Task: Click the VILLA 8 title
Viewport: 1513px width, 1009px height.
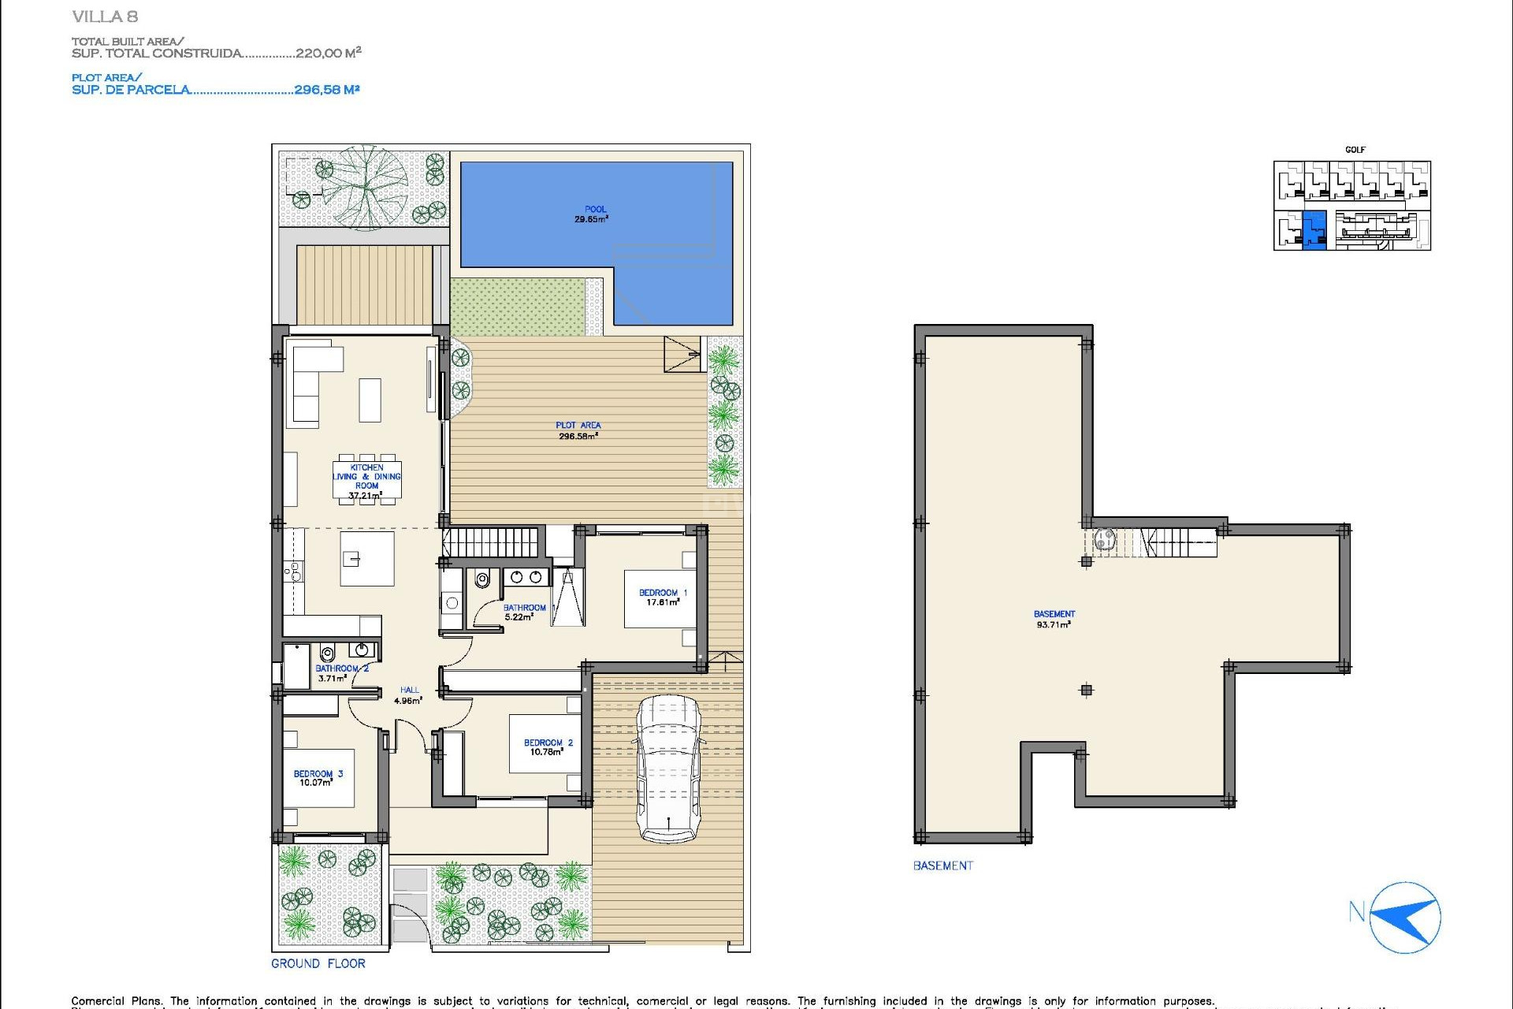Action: pyautogui.click(x=105, y=17)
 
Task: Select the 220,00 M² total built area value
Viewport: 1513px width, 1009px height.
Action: pyautogui.click(x=328, y=53)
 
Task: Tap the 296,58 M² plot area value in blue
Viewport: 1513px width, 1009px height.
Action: pyautogui.click(x=326, y=90)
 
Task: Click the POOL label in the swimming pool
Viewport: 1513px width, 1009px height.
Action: pyautogui.click(x=595, y=210)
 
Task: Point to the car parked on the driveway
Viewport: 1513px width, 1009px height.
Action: pyautogui.click(x=668, y=769)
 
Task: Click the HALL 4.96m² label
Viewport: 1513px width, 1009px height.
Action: pyautogui.click(x=408, y=695)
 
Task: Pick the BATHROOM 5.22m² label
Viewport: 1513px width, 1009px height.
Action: pyautogui.click(x=524, y=612)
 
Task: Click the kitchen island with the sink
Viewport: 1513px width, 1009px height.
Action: pyautogui.click(x=366, y=558)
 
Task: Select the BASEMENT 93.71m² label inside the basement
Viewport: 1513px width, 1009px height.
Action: pyautogui.click(x=1054, y=619)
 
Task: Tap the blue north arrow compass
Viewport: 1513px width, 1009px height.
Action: pyautogui.click(x=1405, y=918)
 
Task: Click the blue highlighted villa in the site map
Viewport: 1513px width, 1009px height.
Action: pyautogui.click(x=1314, y=230)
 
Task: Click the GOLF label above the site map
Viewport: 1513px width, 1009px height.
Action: pyautogui.click(x=1355, y=150)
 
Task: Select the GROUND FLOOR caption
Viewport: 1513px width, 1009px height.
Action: pyautogui.click(x=318, y=963)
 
